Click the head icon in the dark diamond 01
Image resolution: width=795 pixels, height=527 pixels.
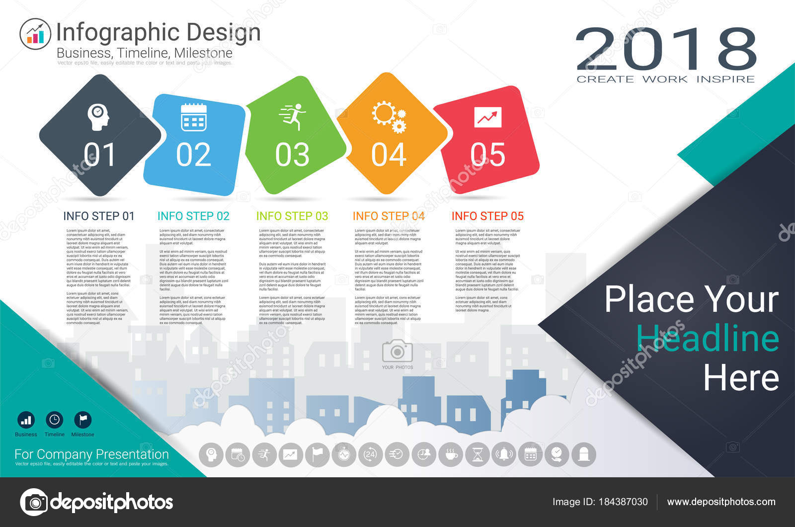point(98,117)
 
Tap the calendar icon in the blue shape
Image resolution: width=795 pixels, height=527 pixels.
point(194,117)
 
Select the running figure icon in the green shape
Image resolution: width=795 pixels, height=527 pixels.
point(293,117)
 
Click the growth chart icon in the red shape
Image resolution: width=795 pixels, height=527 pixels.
point(487,117)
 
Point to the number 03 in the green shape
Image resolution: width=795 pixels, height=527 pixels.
point(292,155)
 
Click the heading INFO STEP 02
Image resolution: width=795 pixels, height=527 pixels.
point(193,216)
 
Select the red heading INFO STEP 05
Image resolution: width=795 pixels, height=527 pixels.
point(487,216)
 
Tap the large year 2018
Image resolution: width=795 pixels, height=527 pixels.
point(666,49)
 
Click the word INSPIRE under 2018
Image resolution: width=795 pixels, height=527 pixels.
point(725,79)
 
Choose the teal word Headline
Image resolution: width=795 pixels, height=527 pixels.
point(708,339)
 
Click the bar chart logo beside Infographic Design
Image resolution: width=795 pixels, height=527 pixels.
point(35,34)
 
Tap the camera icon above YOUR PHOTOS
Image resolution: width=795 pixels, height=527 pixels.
point(397,351)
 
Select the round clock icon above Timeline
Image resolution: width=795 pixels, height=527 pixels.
point(54,420)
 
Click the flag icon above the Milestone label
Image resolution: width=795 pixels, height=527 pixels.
point(82,420)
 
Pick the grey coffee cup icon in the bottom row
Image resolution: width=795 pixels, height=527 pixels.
point(451,454)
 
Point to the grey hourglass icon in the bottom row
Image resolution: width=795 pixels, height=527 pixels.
point(477,454)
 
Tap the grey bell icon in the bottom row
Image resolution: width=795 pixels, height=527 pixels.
point(504,454)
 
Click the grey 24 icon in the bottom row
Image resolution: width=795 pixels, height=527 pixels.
point(370,454)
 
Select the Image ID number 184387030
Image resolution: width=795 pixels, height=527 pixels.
point(623,502)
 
